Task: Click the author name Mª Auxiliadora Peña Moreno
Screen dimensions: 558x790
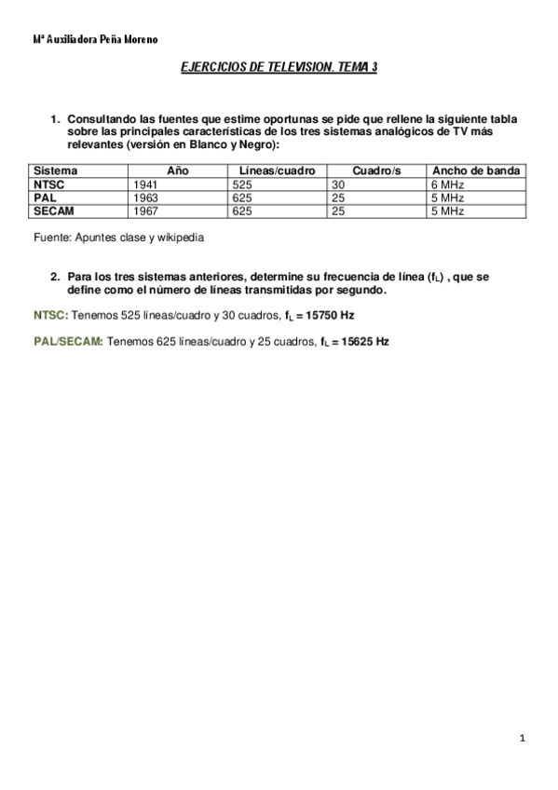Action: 95,40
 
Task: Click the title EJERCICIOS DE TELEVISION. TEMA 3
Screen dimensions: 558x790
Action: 278,68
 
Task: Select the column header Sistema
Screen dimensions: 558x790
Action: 56,171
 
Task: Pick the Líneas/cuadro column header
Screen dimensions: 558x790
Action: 277,171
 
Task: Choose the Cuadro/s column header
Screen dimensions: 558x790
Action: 376,171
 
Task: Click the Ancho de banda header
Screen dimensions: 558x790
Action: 476,171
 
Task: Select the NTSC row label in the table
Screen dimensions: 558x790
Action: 47,184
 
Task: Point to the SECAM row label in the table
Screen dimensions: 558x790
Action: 51,211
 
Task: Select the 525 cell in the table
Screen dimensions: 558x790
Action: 244,184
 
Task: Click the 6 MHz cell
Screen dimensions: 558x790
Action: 447,184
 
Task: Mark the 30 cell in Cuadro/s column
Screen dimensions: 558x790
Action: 338,184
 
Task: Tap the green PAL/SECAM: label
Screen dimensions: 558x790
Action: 68,342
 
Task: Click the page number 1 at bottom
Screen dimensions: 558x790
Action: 524,739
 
